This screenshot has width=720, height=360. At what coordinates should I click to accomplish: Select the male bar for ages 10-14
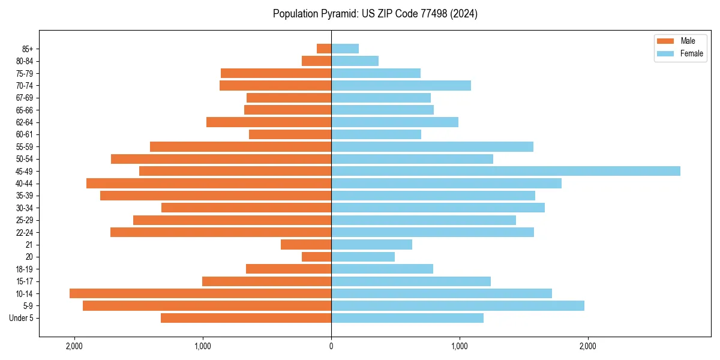click(x=200, y=293)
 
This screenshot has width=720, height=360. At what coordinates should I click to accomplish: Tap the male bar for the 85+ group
click(x=324, y=49)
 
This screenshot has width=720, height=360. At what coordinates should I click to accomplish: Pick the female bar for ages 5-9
click(x=457, y=305)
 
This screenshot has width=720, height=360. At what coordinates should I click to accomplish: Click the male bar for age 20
click(x=316, y=257)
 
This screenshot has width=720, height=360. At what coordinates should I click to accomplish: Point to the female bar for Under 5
click(x=407, y=318)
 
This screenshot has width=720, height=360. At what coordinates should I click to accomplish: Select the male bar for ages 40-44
click(x=209, y=183)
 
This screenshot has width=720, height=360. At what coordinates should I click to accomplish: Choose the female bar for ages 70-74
click(x=401, y=85)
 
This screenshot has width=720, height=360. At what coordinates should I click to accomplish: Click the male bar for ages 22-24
click(x=221, y=232)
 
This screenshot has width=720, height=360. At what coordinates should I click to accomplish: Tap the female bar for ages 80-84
click(x=355, y=61)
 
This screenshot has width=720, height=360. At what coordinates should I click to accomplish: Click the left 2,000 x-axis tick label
click(x=74, y=346)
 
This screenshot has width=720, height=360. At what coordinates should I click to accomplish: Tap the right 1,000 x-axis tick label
click(x=460, y=346)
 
